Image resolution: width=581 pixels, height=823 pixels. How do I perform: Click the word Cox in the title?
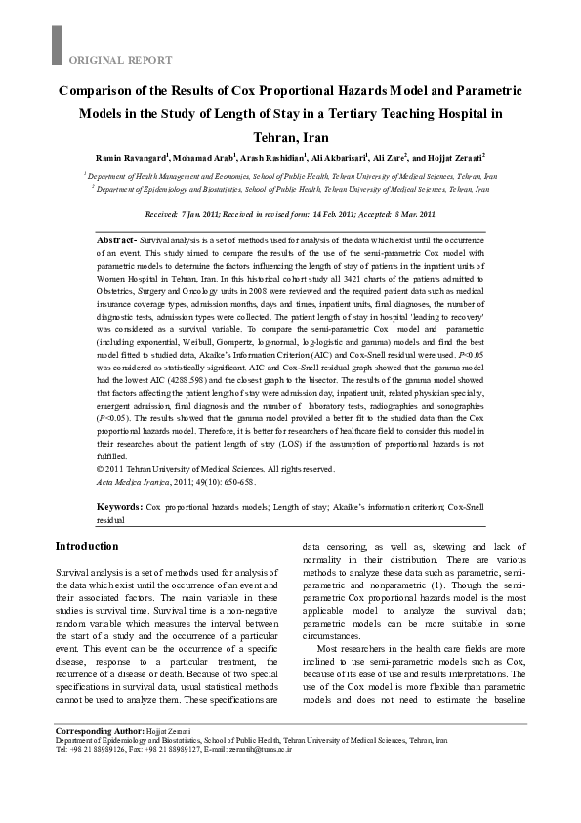point(257,90)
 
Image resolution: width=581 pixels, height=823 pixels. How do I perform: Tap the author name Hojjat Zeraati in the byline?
point(456,157)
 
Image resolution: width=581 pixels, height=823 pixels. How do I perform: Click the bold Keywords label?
point(120,508)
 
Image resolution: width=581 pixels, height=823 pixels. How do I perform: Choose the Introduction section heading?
point(87,546)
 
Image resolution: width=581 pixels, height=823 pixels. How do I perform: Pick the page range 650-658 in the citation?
point(239,480)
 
